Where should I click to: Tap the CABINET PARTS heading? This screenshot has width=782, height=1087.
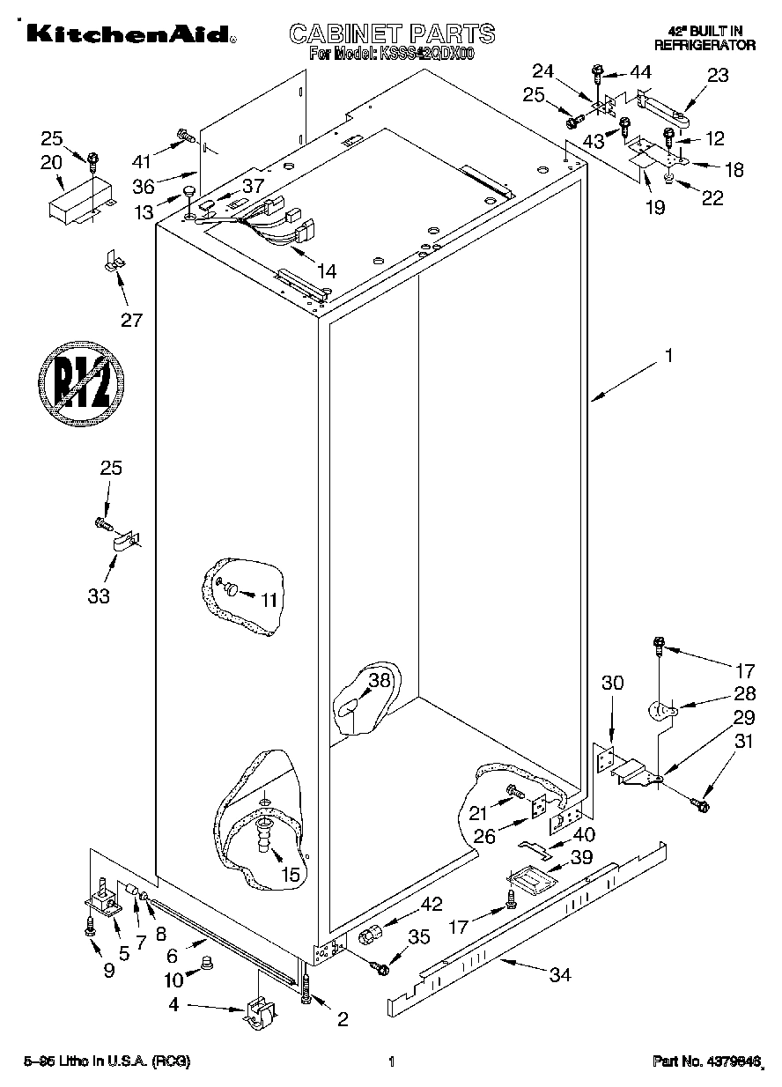point(392,33)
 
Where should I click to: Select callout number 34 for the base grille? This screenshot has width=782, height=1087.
point(560,974)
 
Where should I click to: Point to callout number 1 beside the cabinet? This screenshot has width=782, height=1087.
point(669,356)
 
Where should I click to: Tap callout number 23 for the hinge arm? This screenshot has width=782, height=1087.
point(718,76)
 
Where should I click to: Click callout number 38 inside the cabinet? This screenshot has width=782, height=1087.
point(379,680)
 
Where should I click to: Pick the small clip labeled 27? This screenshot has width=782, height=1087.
point(112,261)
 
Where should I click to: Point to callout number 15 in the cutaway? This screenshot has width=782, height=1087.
point(290,875)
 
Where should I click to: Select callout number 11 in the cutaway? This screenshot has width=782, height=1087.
point(269,600)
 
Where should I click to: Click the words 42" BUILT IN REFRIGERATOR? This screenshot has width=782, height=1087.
point(705,37)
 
